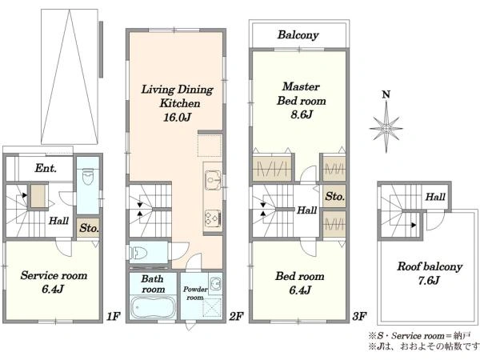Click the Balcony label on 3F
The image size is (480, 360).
[298, 35]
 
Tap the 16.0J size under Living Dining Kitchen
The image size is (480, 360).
[178, 117]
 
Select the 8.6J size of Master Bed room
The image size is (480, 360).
[302, 114]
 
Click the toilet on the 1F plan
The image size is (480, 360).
[88, 177]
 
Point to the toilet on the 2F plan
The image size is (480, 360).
[138, 253]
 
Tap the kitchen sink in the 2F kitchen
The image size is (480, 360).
[213, 178]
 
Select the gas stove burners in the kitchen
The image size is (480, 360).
[213, 218]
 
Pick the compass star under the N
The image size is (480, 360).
[386, 128]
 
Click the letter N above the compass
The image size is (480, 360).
[386, 94]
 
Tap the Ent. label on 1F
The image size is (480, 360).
[46, 168]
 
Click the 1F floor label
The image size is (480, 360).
[113, 316]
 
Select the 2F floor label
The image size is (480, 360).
[236, 316]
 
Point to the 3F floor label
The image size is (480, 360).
[359, 316]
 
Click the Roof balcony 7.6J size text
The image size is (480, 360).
[429, 280]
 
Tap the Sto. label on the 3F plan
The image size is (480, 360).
[335, 196]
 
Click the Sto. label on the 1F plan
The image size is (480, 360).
[89, 228]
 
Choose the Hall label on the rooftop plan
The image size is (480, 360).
[435, 197]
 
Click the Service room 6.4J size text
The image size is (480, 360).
[53, 289]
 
